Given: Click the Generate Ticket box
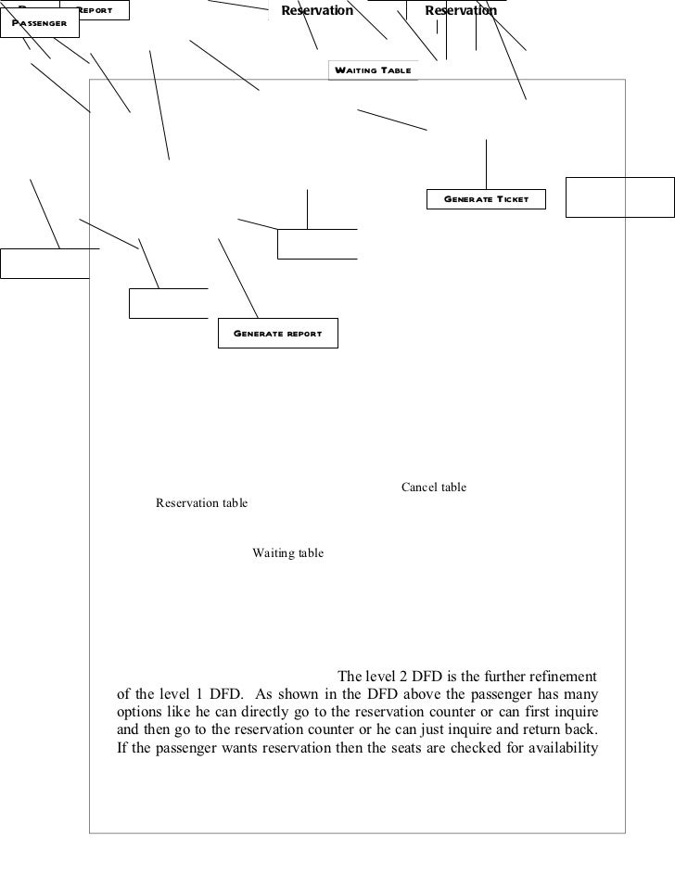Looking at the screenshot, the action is (x=486, y=199).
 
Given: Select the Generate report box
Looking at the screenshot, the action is (x=277, y=334).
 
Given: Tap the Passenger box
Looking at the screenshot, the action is (x=40, y=22).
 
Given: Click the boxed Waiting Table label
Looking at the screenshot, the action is (x=373, y=70).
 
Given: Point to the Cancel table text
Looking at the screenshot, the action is (x=433, y=488).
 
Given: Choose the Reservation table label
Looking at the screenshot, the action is (x=201, y=504).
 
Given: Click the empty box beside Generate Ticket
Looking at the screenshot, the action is (x=619, y=196).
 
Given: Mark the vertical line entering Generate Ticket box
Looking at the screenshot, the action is (x=486, y=163).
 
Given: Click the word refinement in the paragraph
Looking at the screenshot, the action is (x=559, y=675).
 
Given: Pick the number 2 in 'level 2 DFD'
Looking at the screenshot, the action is (x=399, y=675).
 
